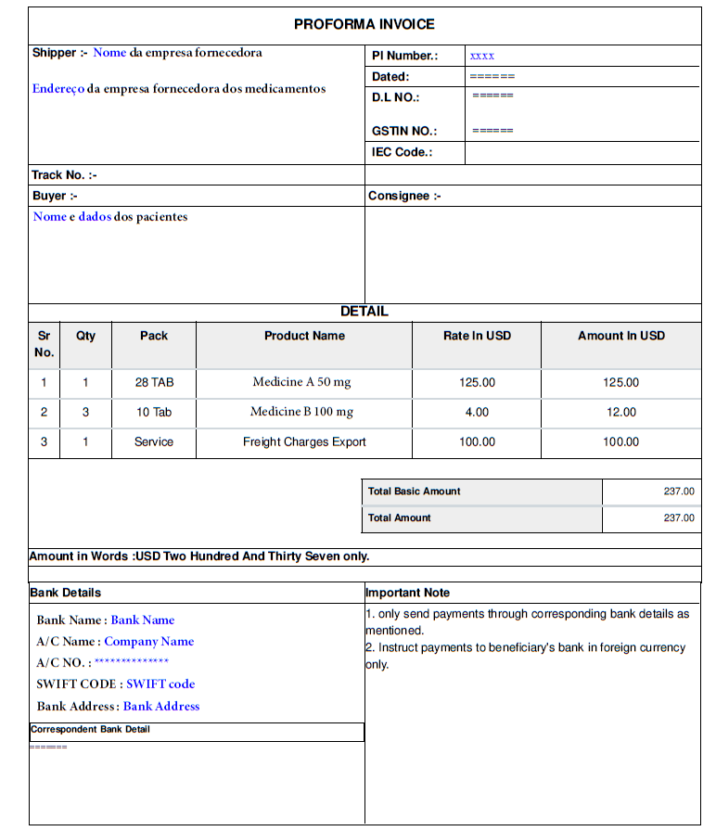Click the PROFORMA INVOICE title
pos(364,24)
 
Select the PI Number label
pos(404,56)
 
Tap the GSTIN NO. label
pos(403,131)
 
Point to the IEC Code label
pos(402,152)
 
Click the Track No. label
pos(64,174)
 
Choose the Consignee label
pos(404,196)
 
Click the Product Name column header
pos(304,336)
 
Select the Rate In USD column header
pos(477,336)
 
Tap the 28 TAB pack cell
pos(154,382)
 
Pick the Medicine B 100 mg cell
pos(301,412)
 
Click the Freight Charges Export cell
pos(304,442)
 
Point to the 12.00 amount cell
pos(620,413)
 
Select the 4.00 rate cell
pos(477,413)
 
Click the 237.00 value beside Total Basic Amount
pos(679,492)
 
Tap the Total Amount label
pos(399,518)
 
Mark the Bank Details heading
pos(65,593)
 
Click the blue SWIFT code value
pos(160,684)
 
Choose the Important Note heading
pos(407,593)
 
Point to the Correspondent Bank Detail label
pos(90,730)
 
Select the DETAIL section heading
pos(364,312)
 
